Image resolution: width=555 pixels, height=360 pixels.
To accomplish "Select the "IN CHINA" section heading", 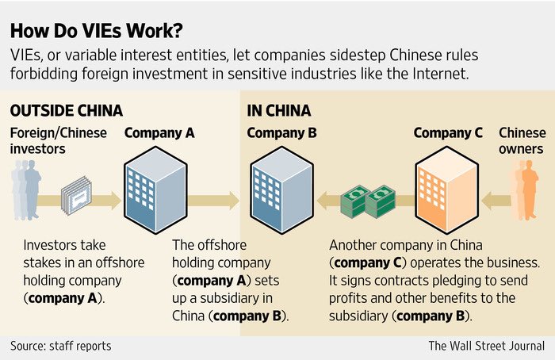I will (278, 110).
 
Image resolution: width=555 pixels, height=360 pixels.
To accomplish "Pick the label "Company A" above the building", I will (159, 132).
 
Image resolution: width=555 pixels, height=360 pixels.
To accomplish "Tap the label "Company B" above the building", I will (281, 132).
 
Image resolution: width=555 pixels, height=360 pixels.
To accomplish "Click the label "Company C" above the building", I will (448, 132).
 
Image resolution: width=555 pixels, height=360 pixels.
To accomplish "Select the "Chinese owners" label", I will (522, 140).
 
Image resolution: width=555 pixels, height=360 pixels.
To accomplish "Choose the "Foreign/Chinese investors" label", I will (56, 140).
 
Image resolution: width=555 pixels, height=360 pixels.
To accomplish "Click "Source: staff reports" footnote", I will (60, 346).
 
